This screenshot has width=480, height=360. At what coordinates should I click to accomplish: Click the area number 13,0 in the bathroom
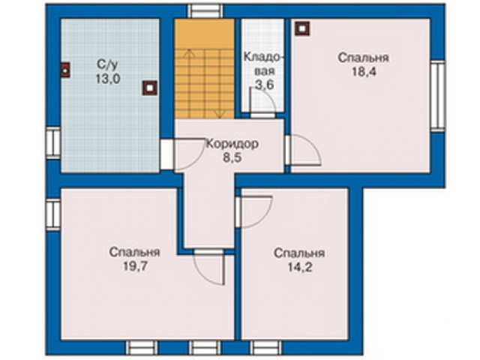[108, 79]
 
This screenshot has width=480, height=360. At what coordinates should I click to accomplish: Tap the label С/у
[107, 65]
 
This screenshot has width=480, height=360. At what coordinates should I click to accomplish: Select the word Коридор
[232, 143]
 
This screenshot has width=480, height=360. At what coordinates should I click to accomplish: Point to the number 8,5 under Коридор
[232, 157]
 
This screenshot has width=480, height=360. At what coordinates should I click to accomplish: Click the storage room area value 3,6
[265, 85]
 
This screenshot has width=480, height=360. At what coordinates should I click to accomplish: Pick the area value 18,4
[363, 72]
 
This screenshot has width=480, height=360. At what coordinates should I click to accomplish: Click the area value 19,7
[135, 266]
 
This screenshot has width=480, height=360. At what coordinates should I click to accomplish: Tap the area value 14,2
[300, 267]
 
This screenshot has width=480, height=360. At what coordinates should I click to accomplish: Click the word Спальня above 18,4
[363, 58]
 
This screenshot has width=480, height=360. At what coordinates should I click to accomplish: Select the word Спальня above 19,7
[135, 252]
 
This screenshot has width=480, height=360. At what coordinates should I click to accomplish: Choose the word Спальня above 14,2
[299, 253]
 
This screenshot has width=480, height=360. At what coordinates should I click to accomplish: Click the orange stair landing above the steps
[205, 34]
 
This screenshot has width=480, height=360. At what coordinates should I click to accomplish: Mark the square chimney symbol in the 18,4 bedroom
[302, 28]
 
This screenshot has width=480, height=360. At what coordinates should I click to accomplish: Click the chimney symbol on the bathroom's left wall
[65, 70]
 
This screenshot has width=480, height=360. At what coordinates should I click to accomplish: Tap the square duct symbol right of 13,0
[150, 88]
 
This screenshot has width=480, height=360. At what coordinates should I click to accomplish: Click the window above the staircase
[205, 10]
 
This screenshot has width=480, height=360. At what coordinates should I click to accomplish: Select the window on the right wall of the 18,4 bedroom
[438, 96]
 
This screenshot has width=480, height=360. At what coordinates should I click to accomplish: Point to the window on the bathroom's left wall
[53, 143]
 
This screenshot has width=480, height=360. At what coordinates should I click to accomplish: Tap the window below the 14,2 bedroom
[265, 348]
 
